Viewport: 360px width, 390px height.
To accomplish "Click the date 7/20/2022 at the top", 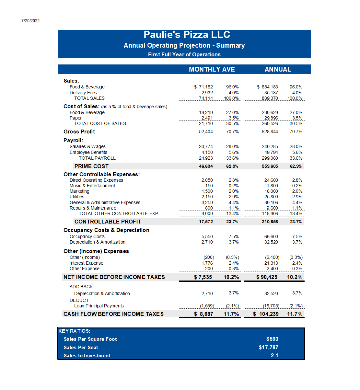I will (x=30, y=21).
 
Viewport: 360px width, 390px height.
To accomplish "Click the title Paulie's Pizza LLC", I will (x=187, y=35).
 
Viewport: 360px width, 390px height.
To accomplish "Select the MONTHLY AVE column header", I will (x=212, y=69).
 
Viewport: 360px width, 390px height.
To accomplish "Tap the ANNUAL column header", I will (x=278, y=69).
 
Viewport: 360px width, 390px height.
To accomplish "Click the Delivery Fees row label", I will (x=83, y=93).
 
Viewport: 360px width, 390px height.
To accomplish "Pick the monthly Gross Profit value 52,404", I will (x=206, y=132).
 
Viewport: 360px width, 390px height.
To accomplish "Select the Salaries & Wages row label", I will (x=87, y=146).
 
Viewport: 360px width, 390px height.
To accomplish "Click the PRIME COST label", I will (x=91, y=166).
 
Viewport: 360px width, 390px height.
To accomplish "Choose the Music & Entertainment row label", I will (x=92, y=186).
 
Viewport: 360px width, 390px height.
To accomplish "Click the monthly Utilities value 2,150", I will (x=207, y=197).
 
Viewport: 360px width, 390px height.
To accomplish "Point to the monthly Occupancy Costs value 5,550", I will (x=207, y=236).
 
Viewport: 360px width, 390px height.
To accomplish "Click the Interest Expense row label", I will (x=86, y=263).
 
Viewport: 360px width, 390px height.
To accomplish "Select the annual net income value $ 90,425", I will (x=267, y=277).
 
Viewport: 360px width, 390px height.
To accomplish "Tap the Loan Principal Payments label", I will (x=99, y=306).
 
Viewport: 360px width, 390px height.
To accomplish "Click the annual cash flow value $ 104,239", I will (x=266, y=314).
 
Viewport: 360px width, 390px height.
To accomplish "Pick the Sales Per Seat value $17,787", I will (x=268, y=347).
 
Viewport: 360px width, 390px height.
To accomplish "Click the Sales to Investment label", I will (x=87, y=356).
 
